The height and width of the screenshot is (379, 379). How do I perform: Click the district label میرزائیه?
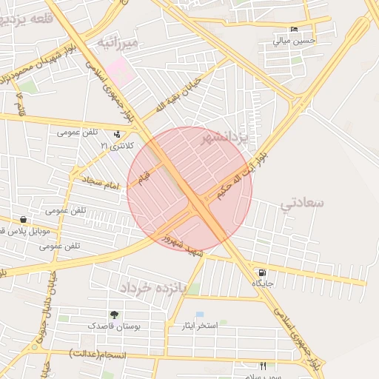(x=118, y=44)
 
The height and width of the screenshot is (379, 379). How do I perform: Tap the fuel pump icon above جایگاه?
(x=263, y=272)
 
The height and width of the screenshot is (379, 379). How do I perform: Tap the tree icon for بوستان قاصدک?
(x=113, y=315)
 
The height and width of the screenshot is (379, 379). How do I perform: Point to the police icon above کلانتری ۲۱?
(x=117, y=134)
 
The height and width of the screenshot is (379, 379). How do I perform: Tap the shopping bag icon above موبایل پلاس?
(x=24, y=219)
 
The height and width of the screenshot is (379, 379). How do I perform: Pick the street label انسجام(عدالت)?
(x=98, y=355)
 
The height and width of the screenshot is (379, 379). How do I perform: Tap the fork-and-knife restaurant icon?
(x=263, y=366)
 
